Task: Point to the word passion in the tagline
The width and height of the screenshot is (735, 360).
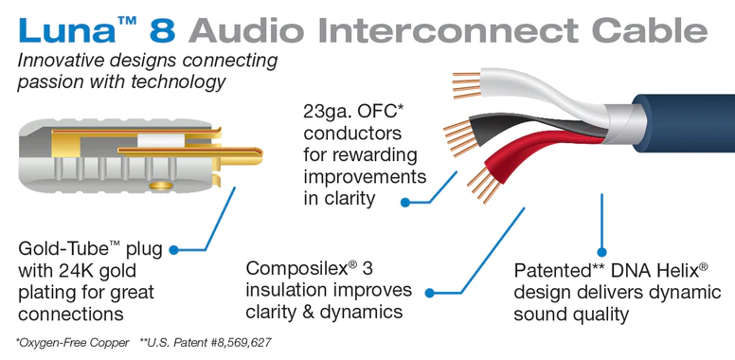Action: click(51, 82)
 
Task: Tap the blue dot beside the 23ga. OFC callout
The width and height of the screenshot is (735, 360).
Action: click(404, 201)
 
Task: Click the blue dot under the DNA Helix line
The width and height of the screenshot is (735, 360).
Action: click(601, 251)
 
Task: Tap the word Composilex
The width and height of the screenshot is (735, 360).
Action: click(296, 269)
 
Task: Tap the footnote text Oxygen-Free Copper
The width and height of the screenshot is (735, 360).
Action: click(76, 342)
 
